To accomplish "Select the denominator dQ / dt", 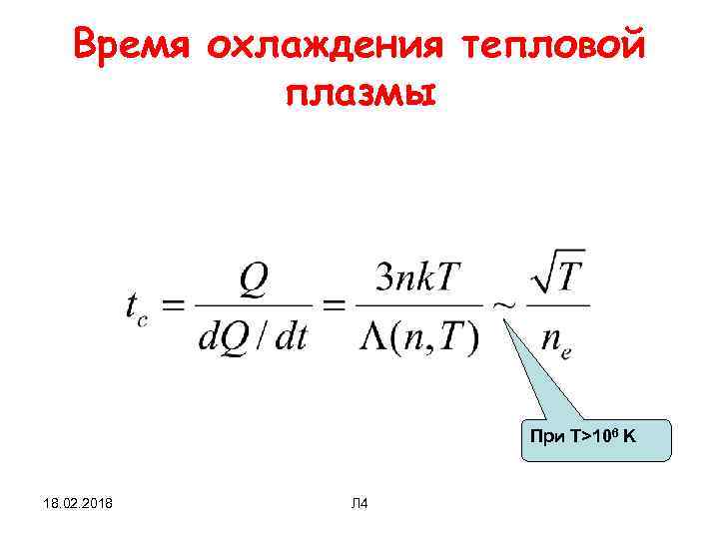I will tap(253, 337).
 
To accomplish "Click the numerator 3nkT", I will tap(417, 278).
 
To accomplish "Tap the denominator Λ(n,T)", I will tap(417, 337).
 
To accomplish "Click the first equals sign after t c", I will tap(174, 306).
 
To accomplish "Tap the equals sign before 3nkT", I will tap(333, 306).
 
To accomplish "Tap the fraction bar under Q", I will tap(253, 306).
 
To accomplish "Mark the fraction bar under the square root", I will tap(557, 306).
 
